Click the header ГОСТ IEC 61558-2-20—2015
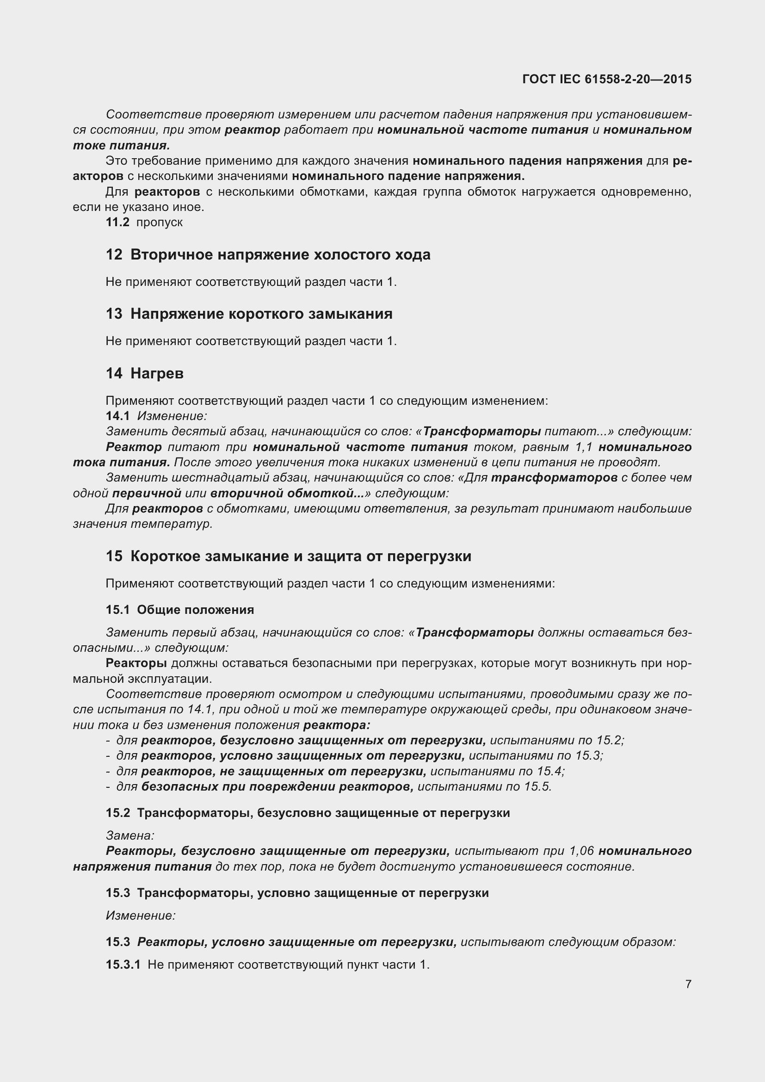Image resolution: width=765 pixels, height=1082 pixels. pyautogui.click(x=607, y=79)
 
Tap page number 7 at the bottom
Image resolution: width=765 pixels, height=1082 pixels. pyautogui.click(x=688, y=984)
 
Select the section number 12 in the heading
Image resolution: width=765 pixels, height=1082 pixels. pyautogui.click(x=114, y=255)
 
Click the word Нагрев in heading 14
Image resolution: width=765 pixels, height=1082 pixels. pyautogui.click(x=157, y=374)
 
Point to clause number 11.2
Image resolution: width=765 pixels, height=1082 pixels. pyautogui.click(x=117, y=223)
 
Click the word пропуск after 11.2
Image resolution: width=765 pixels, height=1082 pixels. pyautogui.click(x=159, y=223)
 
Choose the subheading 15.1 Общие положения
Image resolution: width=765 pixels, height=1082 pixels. pyautogui.click(x=179, y=610)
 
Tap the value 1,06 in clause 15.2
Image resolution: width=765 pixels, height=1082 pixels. pyautogui.click(x=581, y=851)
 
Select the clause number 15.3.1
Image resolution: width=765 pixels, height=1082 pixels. pyautogui.click(x=123, y=965)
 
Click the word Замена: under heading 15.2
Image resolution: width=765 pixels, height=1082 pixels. pyautogui.click(x=130, y=835)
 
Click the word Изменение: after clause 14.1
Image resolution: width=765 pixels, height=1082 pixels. pyautogui.click(x=172, y=416)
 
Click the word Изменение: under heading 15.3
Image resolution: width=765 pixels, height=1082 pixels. pyautogui.click(x=141, y=915)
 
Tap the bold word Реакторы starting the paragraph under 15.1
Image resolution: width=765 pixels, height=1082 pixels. pyautogui.click(x=136, y=663)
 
